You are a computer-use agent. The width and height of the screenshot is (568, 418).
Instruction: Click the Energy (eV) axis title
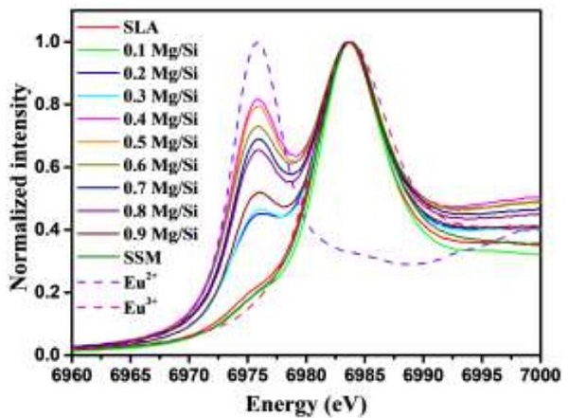click(306, 397)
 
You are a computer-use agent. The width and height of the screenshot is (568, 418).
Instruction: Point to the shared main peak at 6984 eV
click(349, 42)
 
